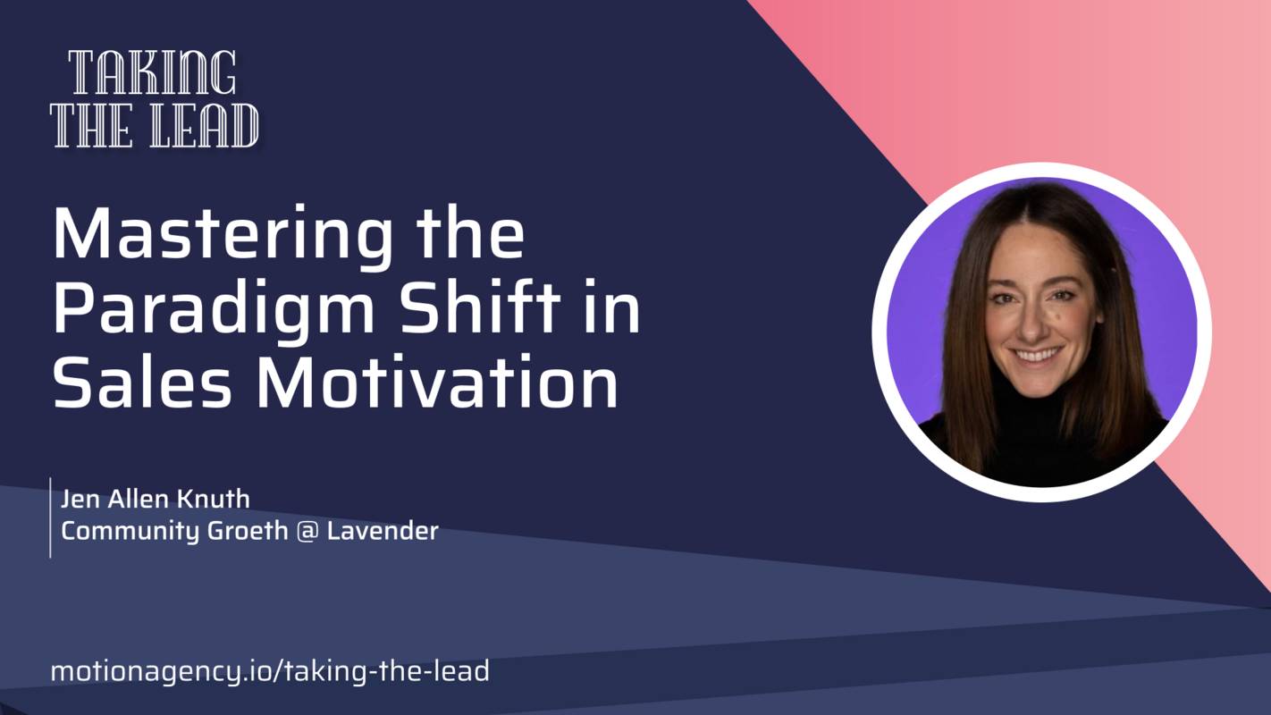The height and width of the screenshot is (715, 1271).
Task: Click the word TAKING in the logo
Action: point(153,73)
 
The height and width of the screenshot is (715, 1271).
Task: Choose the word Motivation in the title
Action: point(438,382)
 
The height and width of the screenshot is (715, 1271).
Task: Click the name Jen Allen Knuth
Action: point(156,499)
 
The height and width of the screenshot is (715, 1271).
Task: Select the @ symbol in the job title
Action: point(307,531)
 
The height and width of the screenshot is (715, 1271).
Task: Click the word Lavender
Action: point(383,531)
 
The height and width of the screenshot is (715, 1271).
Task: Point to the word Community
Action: point(130,531)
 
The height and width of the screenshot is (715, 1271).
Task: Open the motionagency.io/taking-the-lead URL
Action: point(270,671)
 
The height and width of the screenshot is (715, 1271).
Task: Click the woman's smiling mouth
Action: point(1037,356)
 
